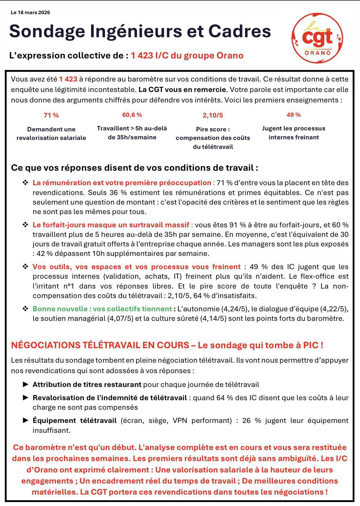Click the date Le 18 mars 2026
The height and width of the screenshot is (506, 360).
30,13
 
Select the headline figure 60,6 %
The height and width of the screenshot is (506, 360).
132,115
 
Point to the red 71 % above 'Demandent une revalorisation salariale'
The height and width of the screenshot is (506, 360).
51,115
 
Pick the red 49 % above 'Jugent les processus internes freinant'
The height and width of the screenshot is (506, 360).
294,115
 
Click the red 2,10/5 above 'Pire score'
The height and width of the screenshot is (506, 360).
213,115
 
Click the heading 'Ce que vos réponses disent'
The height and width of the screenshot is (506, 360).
134,168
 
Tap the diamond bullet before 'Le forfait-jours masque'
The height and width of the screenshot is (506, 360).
25,225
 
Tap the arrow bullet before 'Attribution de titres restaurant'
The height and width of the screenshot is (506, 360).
26,384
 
